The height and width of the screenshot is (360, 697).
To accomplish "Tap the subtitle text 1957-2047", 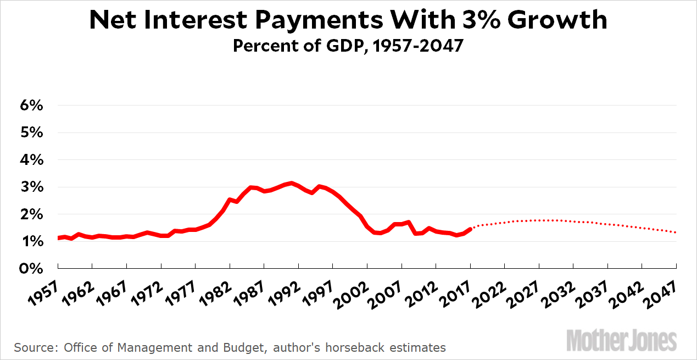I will click(416, 46).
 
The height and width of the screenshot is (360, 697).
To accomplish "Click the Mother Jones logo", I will click(621, 340).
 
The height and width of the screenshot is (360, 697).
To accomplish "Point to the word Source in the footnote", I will click(35, 347).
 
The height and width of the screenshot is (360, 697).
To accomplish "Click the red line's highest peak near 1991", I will click(292, 183).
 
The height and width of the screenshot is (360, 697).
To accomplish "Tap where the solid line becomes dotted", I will click(471, 228).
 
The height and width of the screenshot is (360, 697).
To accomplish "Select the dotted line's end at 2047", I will click(676, 232).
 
